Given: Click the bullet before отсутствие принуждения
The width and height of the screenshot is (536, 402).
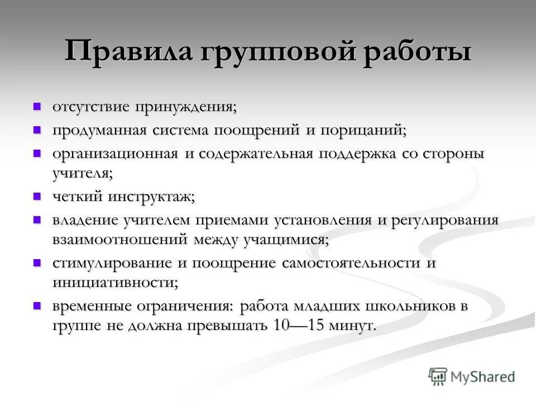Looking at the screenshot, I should tap(37, 106).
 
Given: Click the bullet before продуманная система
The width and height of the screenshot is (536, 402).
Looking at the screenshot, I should tap(37, 130).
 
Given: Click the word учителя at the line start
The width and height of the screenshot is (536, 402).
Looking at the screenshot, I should tap(82, 174).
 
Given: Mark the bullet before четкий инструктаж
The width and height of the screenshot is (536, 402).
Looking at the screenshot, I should tap(37, 196).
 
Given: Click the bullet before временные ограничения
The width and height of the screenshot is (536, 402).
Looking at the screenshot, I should tap(37, 305).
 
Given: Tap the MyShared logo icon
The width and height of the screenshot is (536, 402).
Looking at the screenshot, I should tap(438, 376).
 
